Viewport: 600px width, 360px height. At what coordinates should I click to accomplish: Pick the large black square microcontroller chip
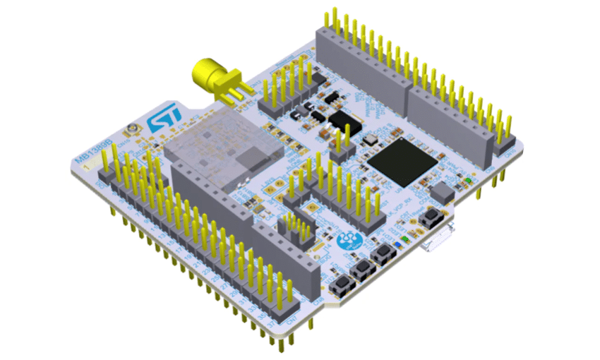(x=402, y=161)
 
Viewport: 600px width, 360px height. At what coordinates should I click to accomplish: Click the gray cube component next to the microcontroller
(x=441, y=191)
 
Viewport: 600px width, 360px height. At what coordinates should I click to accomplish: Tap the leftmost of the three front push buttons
(x=344, y=286)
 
